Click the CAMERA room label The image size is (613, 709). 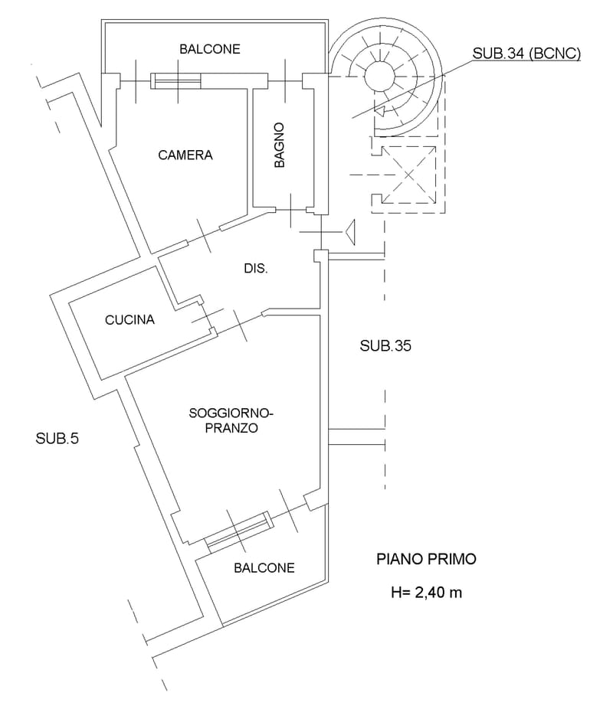(x=185, y=155)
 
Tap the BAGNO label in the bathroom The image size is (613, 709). (x=280, y=145)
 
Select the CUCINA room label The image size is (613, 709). (x=129, y=320)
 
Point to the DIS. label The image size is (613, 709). (x=254, y=269)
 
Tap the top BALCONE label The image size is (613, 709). (x=210, y=49)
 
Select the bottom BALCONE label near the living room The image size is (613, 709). (x=264, y=568)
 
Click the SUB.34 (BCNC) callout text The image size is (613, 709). (x=526, y=54)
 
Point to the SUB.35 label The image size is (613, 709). (x=385, y=345)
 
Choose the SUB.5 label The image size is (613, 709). (x=57, y=439)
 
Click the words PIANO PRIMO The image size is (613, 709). (x=426, y=559)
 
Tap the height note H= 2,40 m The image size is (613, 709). (x=426, y=592)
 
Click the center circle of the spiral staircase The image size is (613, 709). (x=377, y=74)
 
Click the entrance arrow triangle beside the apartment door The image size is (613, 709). (x=351, y=230)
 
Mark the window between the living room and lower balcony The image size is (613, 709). (x=238, y=529)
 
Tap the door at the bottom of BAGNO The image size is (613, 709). (x=291, y=209)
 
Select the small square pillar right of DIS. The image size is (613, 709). (x=320, y=256)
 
